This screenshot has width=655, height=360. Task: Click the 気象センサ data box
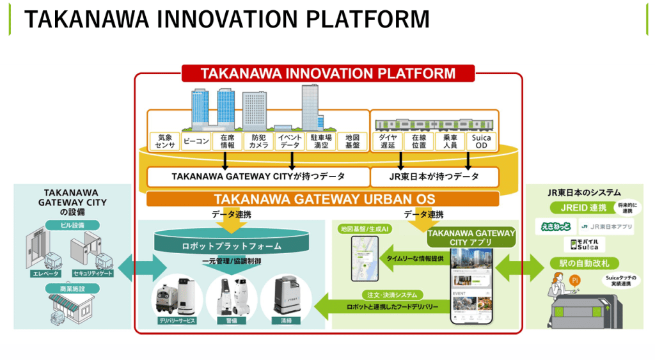coord(164,141)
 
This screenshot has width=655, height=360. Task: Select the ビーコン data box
coord(196,141)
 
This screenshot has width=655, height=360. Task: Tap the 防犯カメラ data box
coord(258,141)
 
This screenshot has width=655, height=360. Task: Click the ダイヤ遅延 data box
coord(388,141)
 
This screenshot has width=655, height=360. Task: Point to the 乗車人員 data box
coord(449,141)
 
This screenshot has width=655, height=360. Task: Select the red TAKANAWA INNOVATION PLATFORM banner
coord(328,74)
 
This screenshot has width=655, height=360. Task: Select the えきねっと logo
coord(553,226)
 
